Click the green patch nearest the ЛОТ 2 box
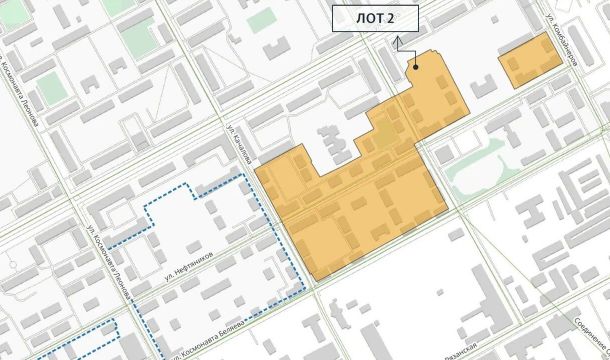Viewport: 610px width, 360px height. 260,18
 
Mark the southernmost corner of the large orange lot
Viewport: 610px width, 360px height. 317,278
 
